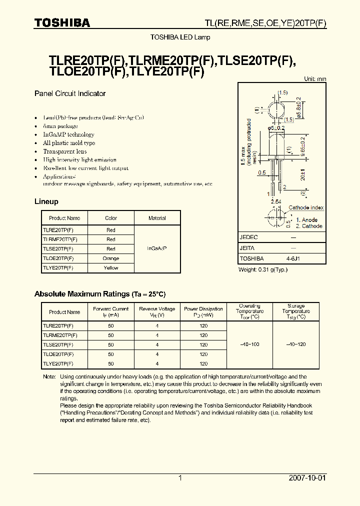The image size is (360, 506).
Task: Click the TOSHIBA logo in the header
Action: tap(62, 23)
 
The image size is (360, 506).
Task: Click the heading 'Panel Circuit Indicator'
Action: tap(70, 93)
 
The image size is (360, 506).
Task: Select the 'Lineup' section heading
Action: tap(46, 201)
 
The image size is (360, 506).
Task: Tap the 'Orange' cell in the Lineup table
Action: tap(111, 258)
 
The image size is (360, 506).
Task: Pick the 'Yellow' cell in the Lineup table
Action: tap(111, 268)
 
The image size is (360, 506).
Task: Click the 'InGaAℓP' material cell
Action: tap(157, 248)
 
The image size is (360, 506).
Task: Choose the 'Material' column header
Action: tap(157, 218)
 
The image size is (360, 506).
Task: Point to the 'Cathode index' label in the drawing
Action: tap(306, 207)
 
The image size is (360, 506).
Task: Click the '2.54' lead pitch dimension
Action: tap(275, 201)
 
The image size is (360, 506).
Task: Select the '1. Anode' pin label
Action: tap(306, 220)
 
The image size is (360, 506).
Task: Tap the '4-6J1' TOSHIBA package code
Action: tap(293, 258)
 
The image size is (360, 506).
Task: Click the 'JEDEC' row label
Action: tap(249, 237)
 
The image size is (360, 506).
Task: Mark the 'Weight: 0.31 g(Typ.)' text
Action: tap(263, 270)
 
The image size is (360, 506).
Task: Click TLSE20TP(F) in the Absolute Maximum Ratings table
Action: tap(58, 344)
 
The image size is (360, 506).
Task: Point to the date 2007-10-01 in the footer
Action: tap(307, 478)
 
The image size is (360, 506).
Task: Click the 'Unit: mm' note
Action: tap(315, 79)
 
